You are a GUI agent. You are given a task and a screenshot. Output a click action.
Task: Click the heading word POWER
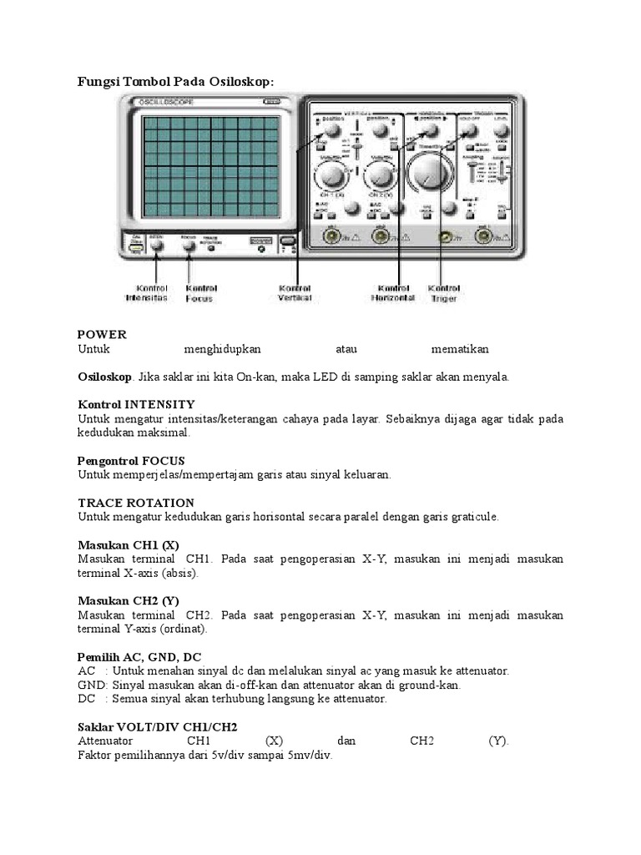click(102, 334)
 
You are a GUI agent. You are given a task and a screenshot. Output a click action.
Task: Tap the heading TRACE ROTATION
click(136, 503)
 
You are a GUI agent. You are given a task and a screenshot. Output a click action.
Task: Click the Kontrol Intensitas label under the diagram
click(147, 291)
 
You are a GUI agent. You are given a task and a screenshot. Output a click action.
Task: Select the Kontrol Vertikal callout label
click(295, 292)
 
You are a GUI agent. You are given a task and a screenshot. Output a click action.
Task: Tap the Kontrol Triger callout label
click(444, 291)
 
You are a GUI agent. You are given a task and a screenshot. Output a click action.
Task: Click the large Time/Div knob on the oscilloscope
click(432, 174)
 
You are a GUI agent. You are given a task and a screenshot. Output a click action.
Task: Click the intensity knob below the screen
click(156, 245)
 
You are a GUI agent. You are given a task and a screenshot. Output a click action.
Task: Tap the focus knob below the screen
click(189, 245)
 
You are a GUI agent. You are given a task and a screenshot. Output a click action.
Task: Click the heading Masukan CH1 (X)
click(129, 544)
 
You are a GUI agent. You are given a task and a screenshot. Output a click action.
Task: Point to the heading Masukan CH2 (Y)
click(129, 600)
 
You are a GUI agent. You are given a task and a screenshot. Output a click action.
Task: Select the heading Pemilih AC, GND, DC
click(139, 656)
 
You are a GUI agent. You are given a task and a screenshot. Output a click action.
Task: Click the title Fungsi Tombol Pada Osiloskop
click(175, 81)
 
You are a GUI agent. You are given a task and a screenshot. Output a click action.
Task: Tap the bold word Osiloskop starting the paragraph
click(104, 377)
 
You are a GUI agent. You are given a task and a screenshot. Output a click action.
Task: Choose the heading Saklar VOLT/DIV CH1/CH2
click(158, 726)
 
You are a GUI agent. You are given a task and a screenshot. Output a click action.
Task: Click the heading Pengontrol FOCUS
click(131, 460)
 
